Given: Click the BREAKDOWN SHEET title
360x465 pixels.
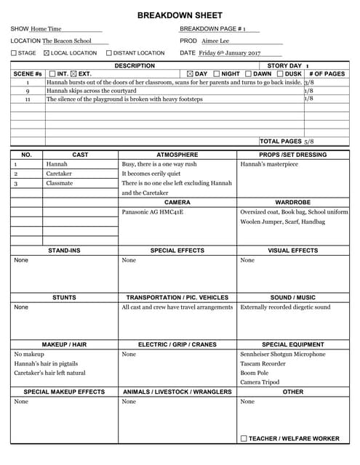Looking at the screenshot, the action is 180,15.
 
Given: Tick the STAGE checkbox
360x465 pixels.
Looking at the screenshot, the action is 14,53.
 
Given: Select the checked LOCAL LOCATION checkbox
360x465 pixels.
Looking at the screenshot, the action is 47,53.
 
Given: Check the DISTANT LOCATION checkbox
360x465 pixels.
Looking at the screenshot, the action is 109,53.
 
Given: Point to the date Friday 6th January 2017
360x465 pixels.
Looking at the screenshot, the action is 229,53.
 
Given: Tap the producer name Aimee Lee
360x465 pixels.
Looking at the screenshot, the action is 215,41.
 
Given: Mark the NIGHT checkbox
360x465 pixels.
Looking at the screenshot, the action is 216,73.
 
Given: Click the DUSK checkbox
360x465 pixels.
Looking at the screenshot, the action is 280,73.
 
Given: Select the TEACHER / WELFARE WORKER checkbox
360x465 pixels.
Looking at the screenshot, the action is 244,439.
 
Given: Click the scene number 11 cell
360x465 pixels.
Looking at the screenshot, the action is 28,99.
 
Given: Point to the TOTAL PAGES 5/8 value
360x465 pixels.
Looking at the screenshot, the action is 309,141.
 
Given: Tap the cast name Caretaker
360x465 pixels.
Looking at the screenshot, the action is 59,174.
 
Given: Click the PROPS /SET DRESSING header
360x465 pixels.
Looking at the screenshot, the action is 292,155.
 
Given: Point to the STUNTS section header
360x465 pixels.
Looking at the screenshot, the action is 64,297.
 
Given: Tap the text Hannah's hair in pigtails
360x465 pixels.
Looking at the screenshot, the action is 46,363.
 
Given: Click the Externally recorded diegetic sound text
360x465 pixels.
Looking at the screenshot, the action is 285,307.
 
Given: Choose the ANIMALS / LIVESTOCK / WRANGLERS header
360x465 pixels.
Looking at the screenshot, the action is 178,392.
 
